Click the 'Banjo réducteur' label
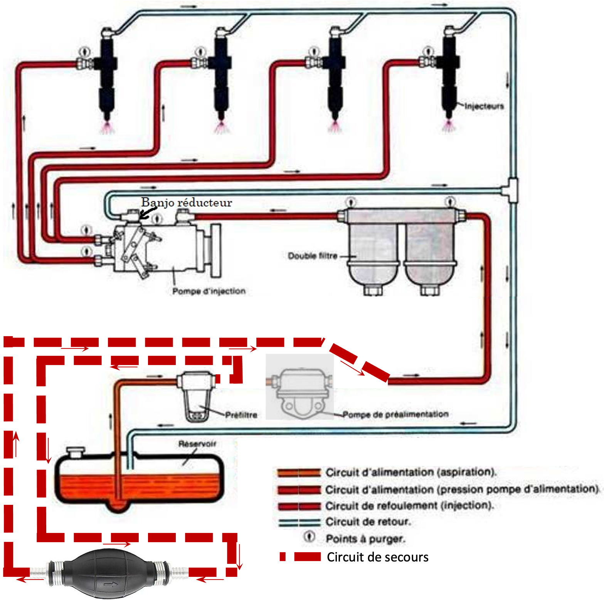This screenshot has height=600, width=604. coord(187,203)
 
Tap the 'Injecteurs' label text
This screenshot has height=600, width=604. coord(484,106)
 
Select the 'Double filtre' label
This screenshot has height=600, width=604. coord(313,256)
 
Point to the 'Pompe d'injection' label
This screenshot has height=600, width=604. coord(209,291)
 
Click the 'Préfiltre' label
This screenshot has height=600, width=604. coord(241,415)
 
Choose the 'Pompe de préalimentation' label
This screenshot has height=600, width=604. coord(395,414)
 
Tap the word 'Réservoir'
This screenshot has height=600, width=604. coord(197,444)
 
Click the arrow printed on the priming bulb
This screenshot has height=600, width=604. coord(111,585)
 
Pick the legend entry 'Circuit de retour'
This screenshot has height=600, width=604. coord(368,522)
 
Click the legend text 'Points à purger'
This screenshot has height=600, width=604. coord(365,539)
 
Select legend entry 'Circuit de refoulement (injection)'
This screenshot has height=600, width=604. coord(409,506)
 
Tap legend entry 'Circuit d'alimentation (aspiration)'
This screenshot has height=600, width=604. coord(411,472)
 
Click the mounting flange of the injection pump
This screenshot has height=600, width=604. coord(216,251)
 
